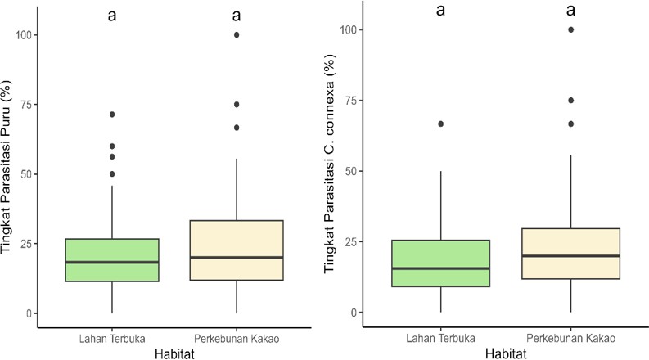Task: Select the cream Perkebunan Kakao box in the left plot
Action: (x=237, y=250)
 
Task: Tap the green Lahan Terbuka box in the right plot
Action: (x=441, y=263)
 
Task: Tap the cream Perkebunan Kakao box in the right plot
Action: (x=571, y=254)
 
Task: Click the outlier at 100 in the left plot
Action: (x=237, y=34)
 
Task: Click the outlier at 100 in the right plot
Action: (x=571, y=29)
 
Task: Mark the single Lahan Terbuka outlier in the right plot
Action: (x=441, y=124)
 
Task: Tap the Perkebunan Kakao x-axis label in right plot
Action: (x=571, y=337)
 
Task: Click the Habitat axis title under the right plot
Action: (x=507, y=353)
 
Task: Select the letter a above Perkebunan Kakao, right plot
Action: (x=571, y=11)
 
